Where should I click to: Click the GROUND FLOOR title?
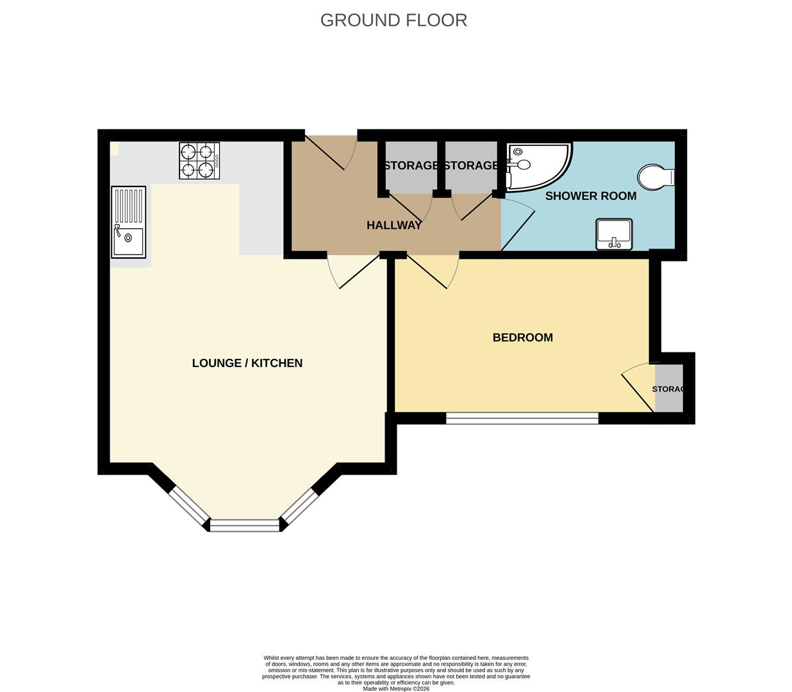tap(393, 20)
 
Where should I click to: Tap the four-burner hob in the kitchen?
tap(199, 161)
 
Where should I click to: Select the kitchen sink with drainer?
tap(128, 222)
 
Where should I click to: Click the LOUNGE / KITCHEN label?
tap(247, 363)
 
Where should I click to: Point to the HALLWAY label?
tap(394, 225)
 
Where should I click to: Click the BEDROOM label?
tap(522, 337)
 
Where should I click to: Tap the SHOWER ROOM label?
tap(590, 196)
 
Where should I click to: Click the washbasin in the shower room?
tap(614, 235)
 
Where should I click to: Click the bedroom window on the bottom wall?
tap(522, 418)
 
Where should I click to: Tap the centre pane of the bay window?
tap(245, 525)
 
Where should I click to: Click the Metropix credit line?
tap(396, 689)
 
